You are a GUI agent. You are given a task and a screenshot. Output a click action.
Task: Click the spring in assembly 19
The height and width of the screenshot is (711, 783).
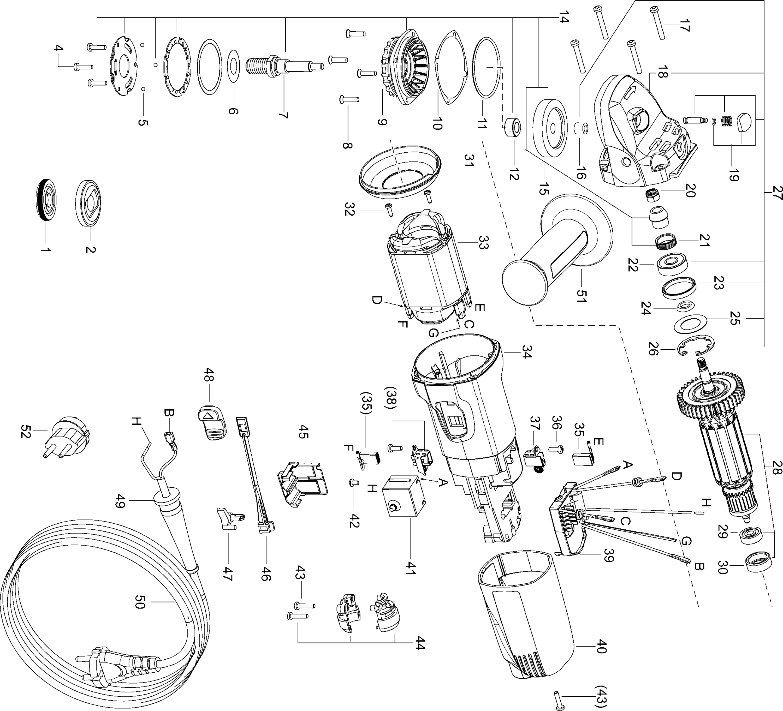[726, 122]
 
